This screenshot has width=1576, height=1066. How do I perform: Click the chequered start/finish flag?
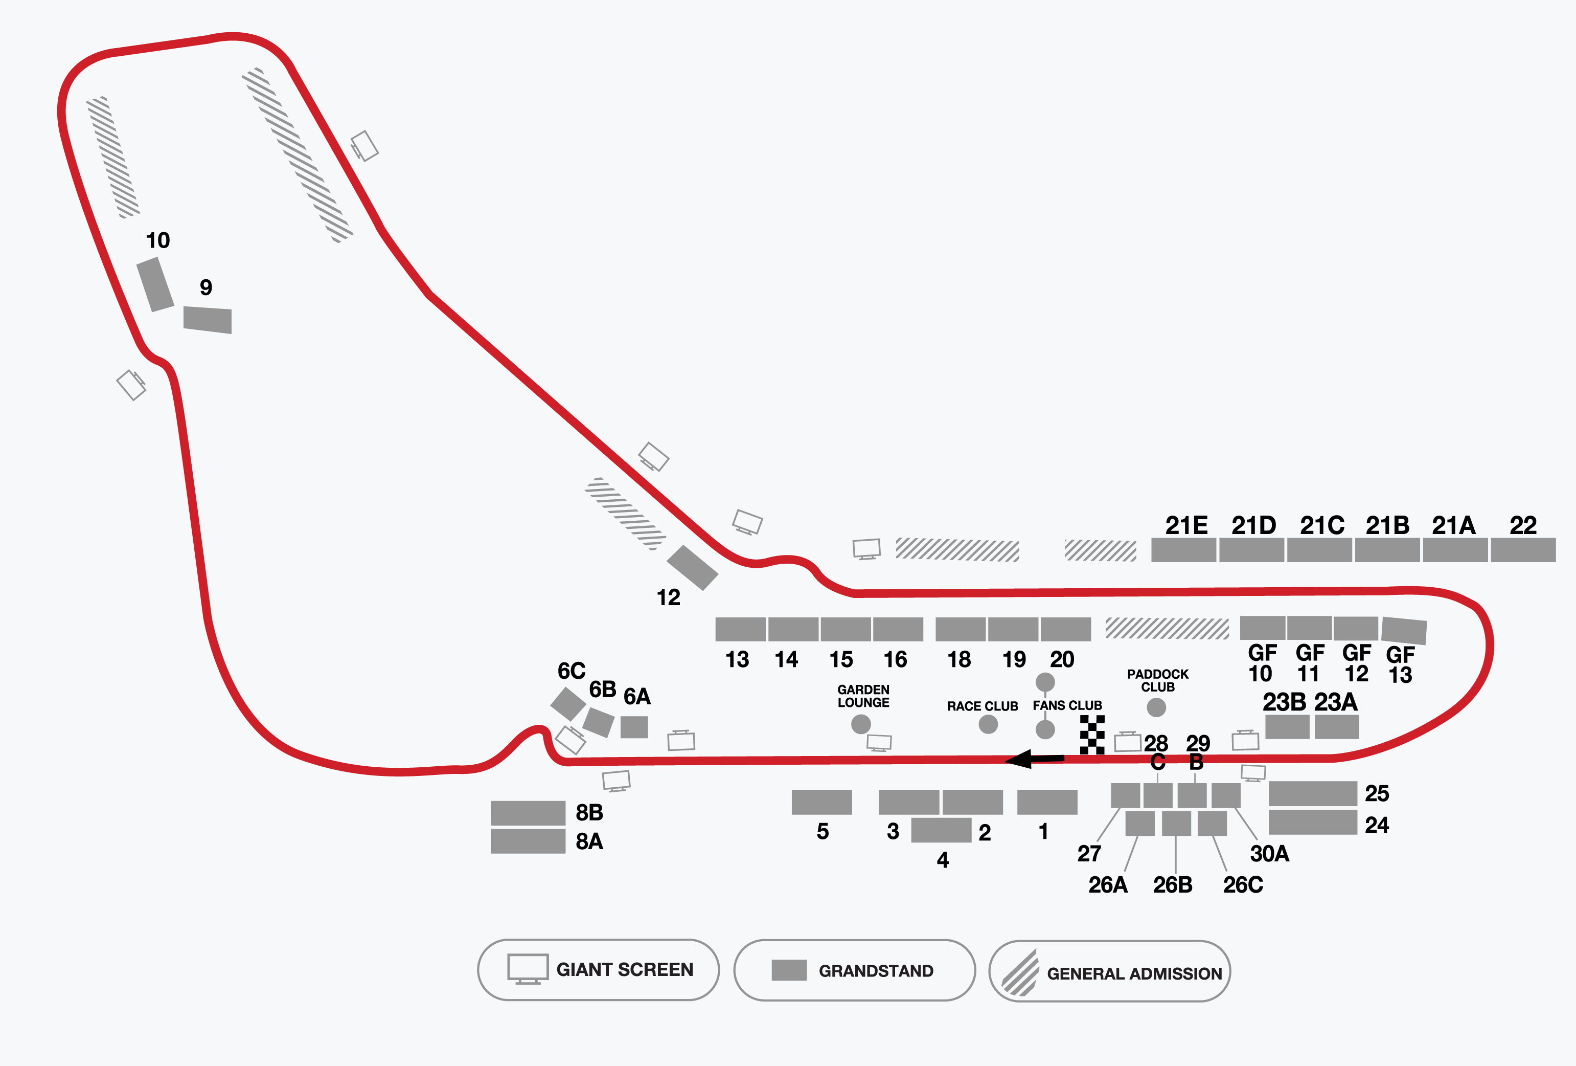click(x=1092, y=735)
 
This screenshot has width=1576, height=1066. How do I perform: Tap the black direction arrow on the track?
click(x=1034, y=759)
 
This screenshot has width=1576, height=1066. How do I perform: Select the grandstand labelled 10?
click(x=155, y=284)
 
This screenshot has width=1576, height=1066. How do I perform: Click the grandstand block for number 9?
click(x=208, y=320)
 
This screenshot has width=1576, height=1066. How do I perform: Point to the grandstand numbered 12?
click(x=692, y=567)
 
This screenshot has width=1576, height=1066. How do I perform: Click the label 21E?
click(x=1186, y=525)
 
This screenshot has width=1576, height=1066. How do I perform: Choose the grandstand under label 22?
click(x=1523, y=550)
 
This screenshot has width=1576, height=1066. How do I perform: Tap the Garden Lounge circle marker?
click(x=860, y=724)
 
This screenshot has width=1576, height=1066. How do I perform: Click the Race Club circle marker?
click(x=988, y=724)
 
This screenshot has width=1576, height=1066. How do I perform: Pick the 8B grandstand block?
click(x=528, y=813)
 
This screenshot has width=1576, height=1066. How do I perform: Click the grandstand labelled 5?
click(x=822, y=802)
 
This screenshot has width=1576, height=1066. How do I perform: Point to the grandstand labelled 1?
click(x=1047, y=802)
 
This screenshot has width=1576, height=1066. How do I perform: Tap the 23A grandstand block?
click(x=1337, y=727)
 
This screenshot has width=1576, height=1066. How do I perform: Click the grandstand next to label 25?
click(x=1313, y=793)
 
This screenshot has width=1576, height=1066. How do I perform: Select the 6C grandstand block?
click(x=568, y=704)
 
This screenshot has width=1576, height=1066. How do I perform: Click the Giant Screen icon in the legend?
click(x=528, y=969)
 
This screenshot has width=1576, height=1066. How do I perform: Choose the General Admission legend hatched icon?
click(x=1020, y=972)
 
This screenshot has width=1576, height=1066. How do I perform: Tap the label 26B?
click(x=1173, y=885)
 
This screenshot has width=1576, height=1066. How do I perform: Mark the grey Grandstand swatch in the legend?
click(x=789, y=970)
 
